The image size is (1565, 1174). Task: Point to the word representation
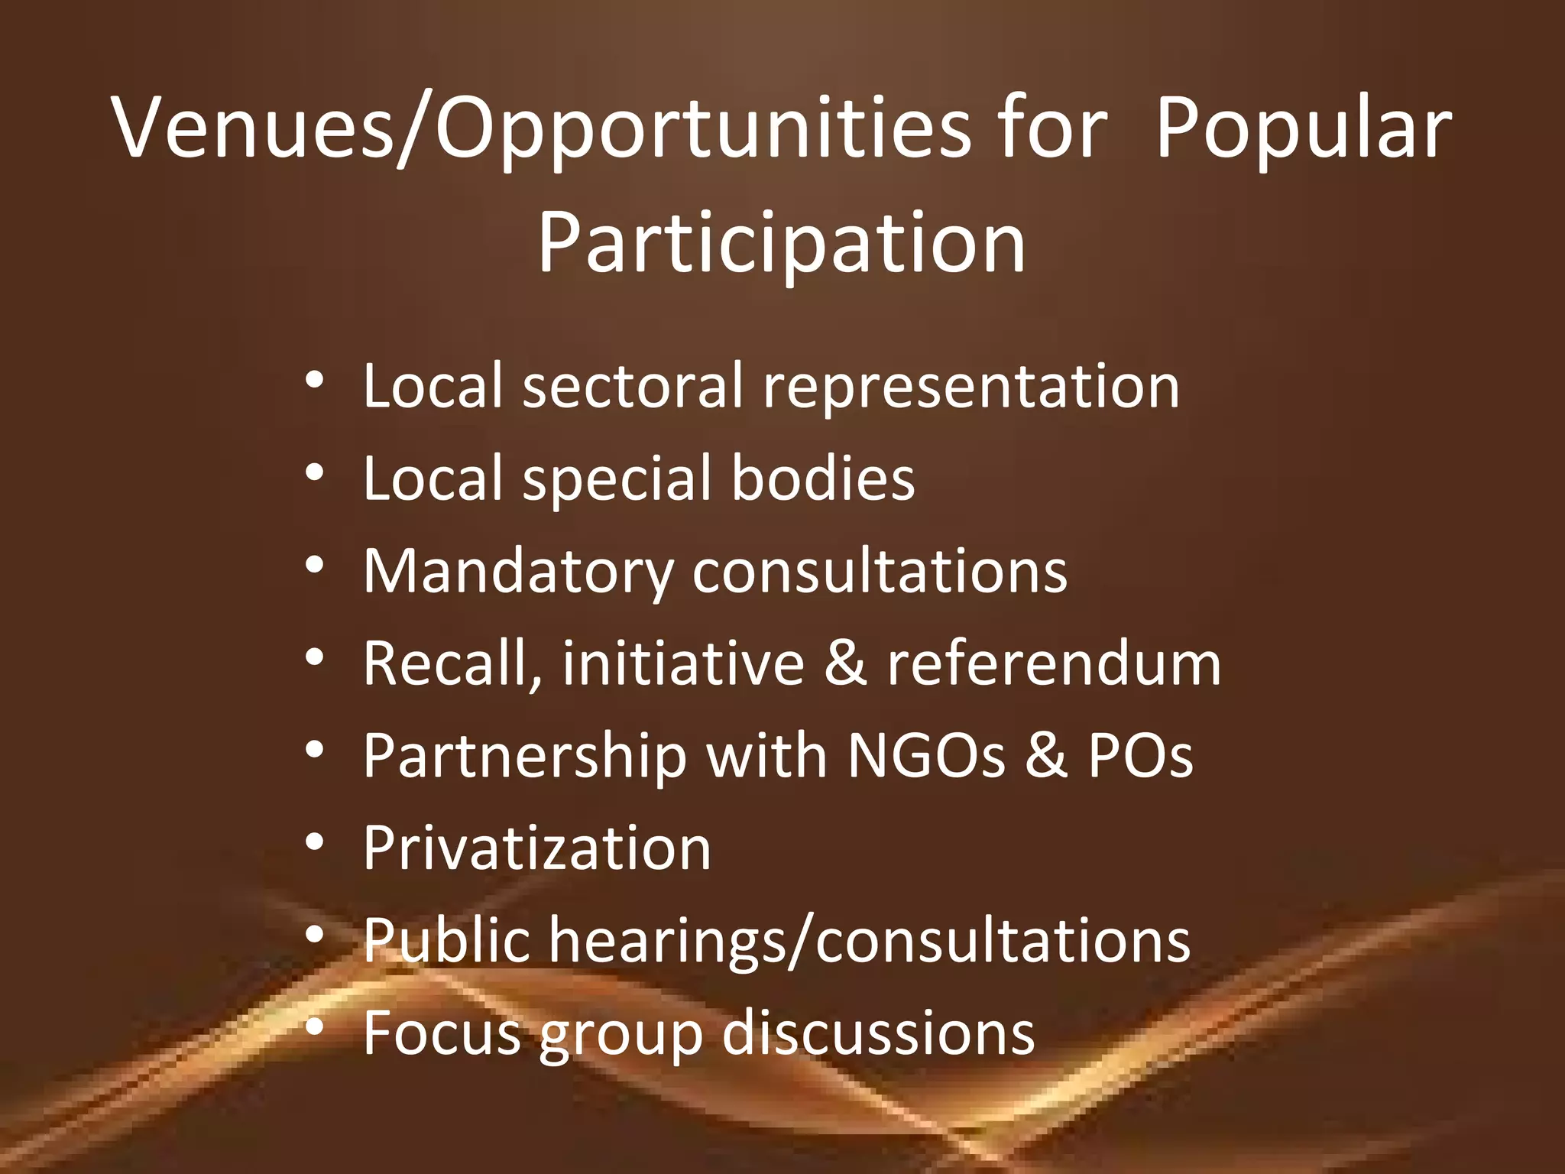coord(971,385)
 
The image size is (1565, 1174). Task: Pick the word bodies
coord(823,478)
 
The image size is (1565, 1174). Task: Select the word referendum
coord(1054,663)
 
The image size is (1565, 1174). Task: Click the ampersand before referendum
coord(845,663)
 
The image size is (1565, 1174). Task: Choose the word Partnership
coord(525,756)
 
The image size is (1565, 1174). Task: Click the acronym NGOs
coord(926,756)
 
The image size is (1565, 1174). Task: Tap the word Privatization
coord(537,848)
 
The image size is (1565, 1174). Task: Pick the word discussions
coord(878,1033)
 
